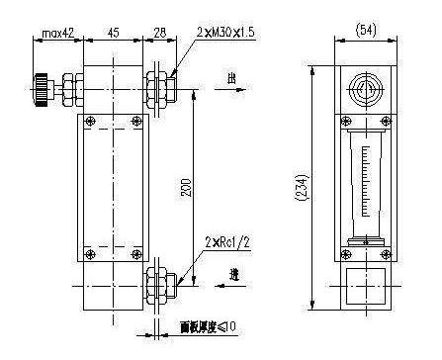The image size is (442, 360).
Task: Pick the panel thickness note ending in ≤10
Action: [x=207, y=325]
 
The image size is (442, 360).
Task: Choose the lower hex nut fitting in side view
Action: [x=155, y=281]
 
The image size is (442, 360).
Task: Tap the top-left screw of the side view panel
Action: [x=91, y=122]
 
